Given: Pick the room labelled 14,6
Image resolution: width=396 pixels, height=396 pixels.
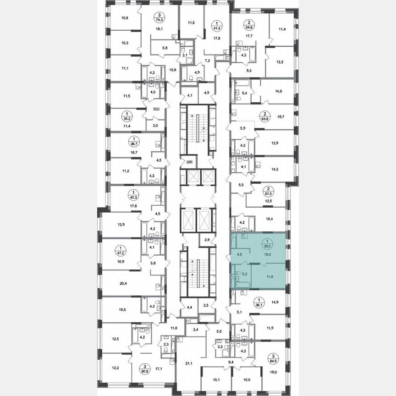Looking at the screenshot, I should tap(279, 92).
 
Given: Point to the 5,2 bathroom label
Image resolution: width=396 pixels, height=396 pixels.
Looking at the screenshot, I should tap(245, 274).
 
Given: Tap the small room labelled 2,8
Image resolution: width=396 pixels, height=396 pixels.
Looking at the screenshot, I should tap(207, 240).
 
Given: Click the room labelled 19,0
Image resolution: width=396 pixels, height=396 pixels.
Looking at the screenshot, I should tap(274, 373).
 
